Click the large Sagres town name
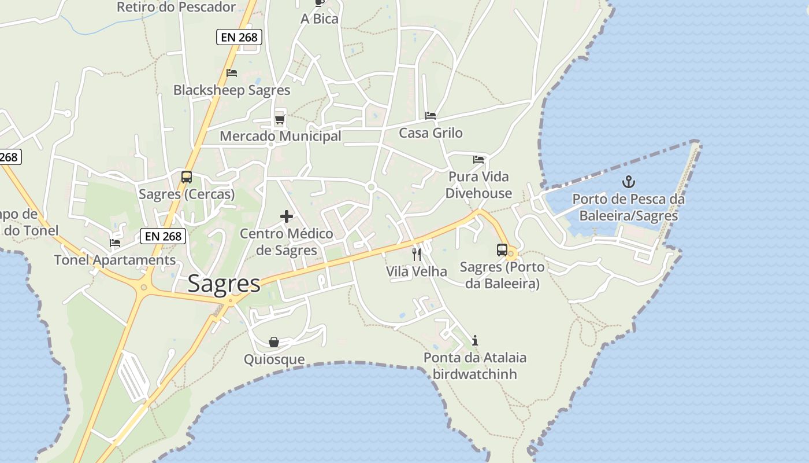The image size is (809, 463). coord(224,284)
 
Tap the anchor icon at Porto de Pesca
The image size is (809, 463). coord(628,182)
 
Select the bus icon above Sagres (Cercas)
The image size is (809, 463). coord(187,177)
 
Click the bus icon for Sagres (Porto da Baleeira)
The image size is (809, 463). coord(502,250)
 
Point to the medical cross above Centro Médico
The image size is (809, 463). coord(287,217)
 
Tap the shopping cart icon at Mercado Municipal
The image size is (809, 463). coord(280,119)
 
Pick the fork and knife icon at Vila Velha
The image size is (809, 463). coord(417,254)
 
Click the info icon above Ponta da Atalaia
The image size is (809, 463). coord(475,340)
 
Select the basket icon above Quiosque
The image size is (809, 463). coord(274,342)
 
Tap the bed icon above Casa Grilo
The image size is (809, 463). coord(431,116)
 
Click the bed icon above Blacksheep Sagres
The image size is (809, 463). coord(232,73)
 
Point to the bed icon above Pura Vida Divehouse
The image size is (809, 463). coord(478,159)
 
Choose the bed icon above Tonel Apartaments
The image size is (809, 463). coord(115,243)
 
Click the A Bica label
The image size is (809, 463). coord(320,19)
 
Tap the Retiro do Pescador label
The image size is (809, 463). coord(176,7)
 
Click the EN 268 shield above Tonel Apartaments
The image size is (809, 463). coord(164,236)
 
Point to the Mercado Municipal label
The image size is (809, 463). coord(281,137)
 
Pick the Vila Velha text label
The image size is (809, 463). coord(417,271)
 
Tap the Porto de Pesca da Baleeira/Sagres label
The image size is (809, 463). coord(628,207)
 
